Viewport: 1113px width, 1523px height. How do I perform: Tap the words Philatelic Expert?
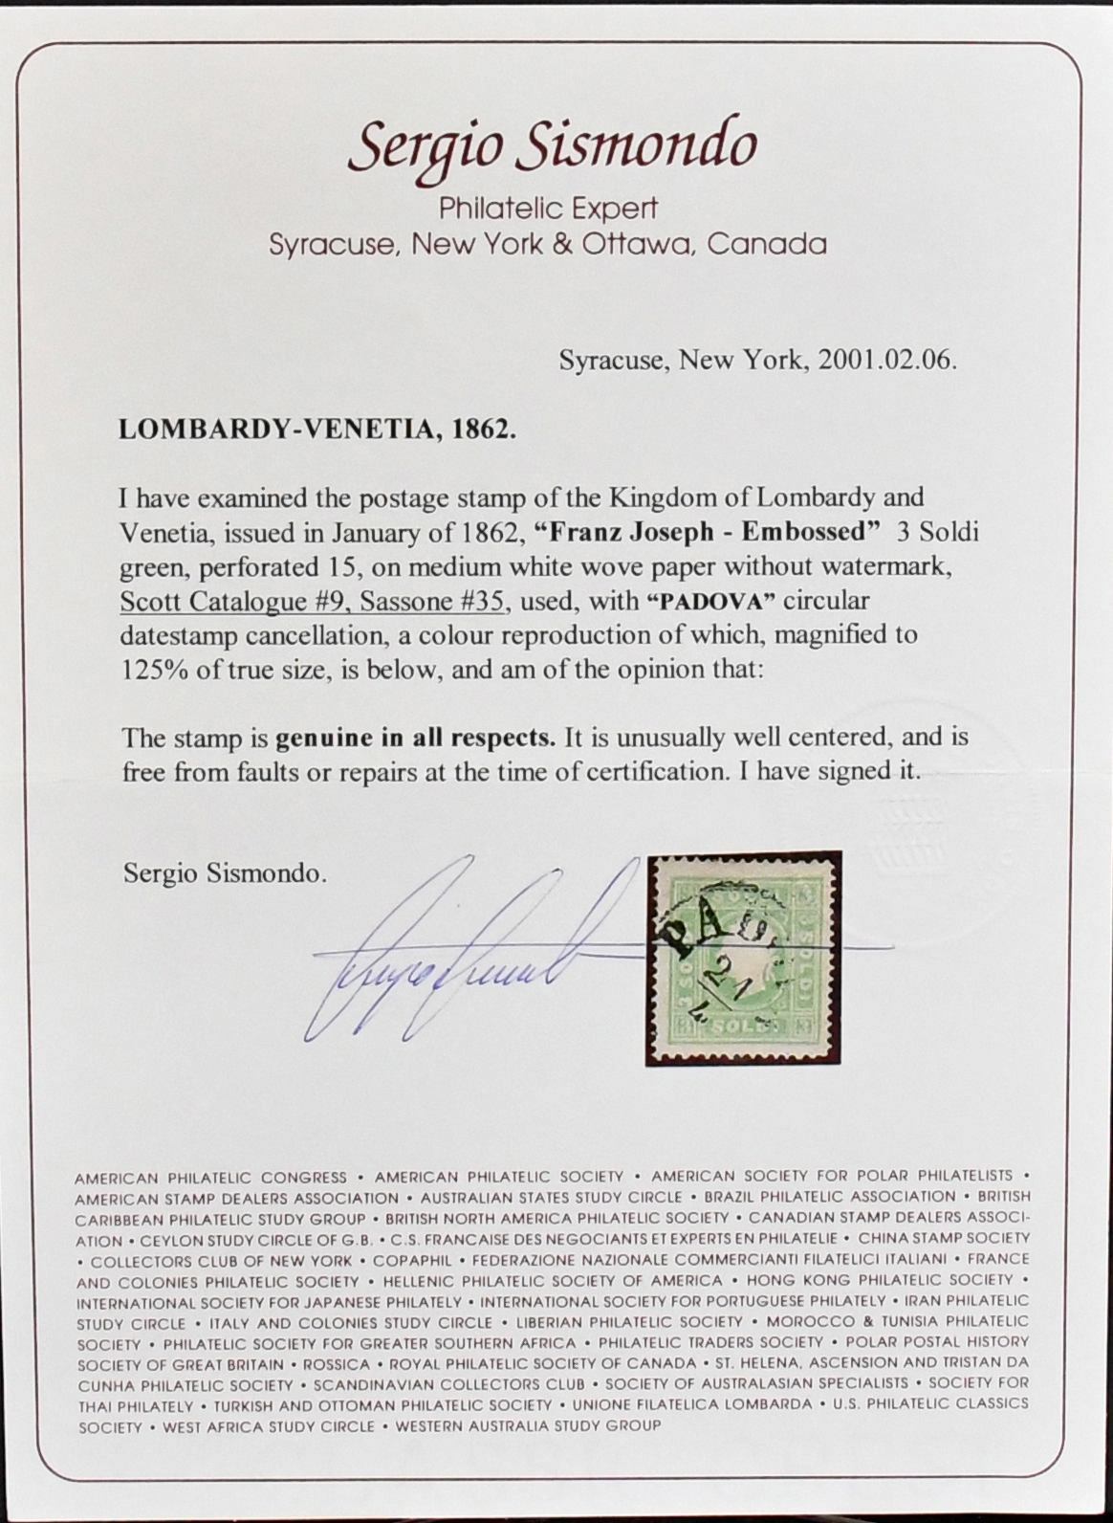point(548,209)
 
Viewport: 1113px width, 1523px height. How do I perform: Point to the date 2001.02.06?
point(881,361)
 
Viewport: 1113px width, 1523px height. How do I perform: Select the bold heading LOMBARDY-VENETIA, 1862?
point(316,430)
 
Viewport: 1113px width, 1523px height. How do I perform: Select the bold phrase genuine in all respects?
point(416,738)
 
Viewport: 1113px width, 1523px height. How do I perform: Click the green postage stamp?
point(743,958)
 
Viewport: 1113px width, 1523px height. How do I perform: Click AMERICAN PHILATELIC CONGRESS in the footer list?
point(211,1178)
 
